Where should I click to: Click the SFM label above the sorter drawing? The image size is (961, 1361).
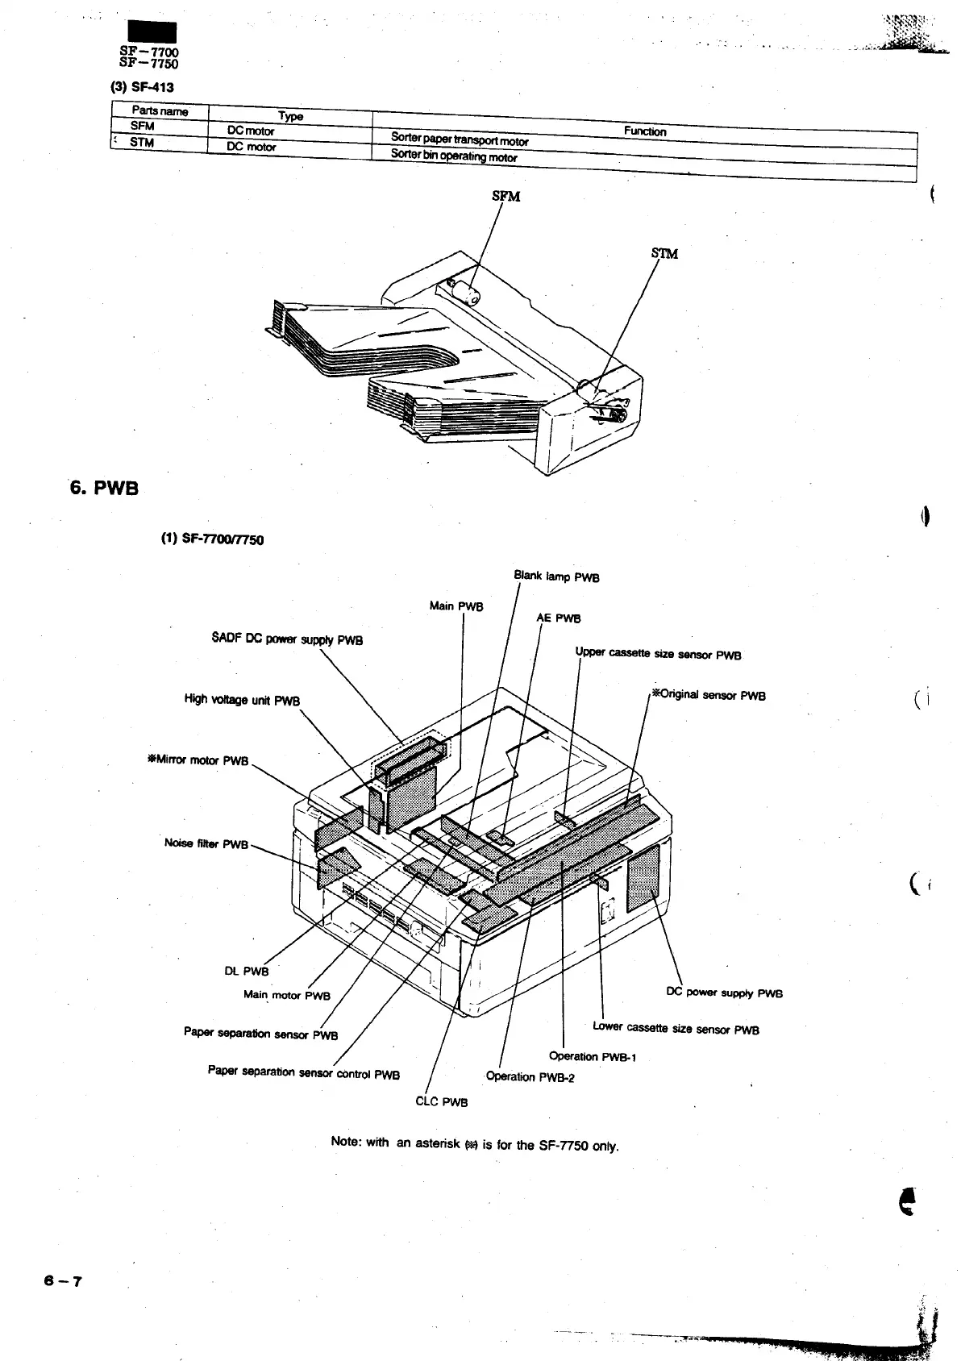tap(505, 196)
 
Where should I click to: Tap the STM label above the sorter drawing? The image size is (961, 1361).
tap(664, 253)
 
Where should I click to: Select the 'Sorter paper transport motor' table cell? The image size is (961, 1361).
tap(459, 139)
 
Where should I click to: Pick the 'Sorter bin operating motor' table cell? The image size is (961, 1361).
tap(453, 156)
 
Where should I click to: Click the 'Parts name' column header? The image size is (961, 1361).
tap(160, 111)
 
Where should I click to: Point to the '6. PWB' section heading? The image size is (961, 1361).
tap(104, 488)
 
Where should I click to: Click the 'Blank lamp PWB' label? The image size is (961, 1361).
tap(556, 576)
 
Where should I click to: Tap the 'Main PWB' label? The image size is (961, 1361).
tap(456, 606)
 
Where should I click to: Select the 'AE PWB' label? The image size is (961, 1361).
tap(559, 618)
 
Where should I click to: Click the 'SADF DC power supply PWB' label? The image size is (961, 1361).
tap(287, 639)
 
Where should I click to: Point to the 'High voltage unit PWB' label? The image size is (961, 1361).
tap(242, 700)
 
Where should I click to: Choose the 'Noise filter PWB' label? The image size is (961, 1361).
tap(206, 843)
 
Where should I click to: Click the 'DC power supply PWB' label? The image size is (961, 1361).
tap(724, 993)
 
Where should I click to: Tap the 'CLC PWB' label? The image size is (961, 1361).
tap(441, 1101)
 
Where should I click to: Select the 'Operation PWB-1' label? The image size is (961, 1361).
tap(593, 1056)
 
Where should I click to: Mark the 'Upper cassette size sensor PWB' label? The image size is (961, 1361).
tap(658, 654)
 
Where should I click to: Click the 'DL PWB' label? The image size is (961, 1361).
tap(246, 971)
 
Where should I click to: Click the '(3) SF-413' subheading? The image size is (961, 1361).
tap(142, 87)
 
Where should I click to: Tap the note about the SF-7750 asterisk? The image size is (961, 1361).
tap(475, 1143)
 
